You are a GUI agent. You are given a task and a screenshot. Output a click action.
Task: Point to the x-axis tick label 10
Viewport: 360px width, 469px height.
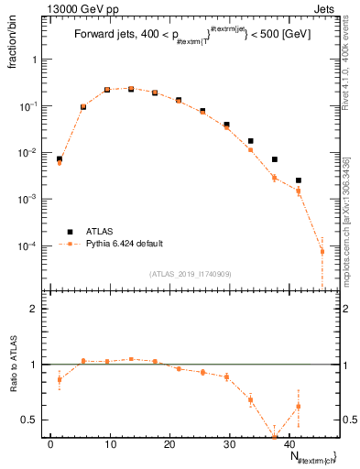110,444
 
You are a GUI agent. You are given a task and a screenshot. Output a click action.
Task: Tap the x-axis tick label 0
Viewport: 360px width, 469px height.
51,444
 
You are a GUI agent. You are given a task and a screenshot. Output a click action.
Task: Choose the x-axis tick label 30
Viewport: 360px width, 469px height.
228,444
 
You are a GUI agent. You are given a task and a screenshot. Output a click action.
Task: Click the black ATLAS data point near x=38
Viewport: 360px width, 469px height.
274,159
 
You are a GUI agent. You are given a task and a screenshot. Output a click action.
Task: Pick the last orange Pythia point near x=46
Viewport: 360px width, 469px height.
322,251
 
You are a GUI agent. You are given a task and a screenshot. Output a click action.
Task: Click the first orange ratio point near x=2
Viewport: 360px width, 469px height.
60,379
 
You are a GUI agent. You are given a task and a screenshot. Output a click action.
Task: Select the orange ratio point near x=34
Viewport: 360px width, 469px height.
250,399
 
